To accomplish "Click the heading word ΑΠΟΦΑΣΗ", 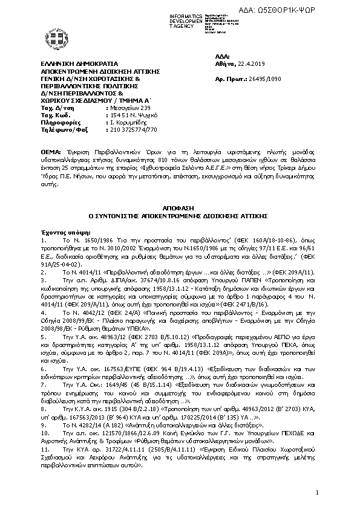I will pyautogui.click(x=180, y=206).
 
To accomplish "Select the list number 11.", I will pyautogui.click(x=44, y=450).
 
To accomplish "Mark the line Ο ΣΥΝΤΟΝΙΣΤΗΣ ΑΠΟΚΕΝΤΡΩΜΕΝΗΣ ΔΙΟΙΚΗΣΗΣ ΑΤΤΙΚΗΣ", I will pyautogui.click(x=180, y=215).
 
